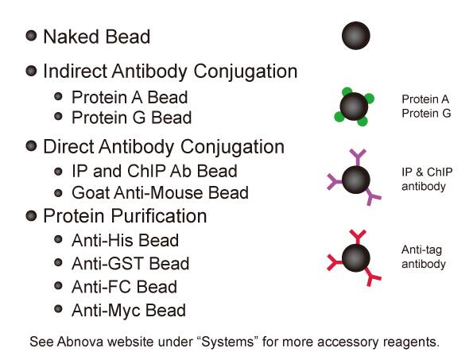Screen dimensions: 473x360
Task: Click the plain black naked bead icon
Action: (x=356, y=35)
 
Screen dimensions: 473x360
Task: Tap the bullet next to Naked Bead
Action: (x=31, y=36)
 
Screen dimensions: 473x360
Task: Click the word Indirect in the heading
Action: (x=75, y=72)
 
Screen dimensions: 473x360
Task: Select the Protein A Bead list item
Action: (x=130, y=98)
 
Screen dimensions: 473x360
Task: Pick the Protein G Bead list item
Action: (x=131, y=118)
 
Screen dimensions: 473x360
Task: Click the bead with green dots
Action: (x=354, y=106)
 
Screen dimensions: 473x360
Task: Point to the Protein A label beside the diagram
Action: (x=425, y=99)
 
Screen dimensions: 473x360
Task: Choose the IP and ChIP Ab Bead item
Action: (x=154, y=171)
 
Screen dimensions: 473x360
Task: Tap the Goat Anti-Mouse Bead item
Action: (x=160, y=192)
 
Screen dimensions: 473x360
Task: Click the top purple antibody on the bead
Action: (x=358, y=157)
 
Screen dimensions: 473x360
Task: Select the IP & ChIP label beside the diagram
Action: (x=427, y=172)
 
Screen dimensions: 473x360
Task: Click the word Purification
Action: (x=159, y=216)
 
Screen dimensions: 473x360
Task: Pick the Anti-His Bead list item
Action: (x=125, y=241)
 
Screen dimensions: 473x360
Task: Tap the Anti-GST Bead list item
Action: (x=130, y=264)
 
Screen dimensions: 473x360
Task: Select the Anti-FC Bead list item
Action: (x=124, y=287)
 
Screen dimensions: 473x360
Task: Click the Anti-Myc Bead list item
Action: (x=129, y=310)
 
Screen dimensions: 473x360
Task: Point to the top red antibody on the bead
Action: (x=358, y=237)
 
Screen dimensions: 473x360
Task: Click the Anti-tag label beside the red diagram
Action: (x=421, y=250)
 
